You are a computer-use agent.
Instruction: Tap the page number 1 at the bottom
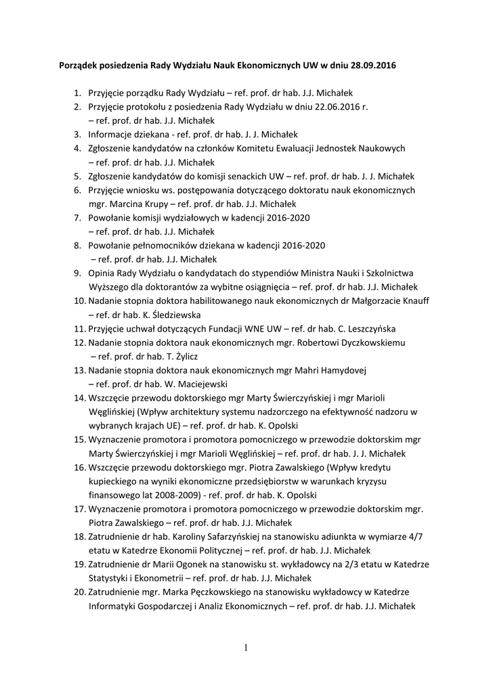(x=246, y=648)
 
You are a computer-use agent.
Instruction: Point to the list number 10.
(x=79, y=300)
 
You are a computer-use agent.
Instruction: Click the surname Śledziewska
(x=171, y=315)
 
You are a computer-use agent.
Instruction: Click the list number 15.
(x=79, y=439)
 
